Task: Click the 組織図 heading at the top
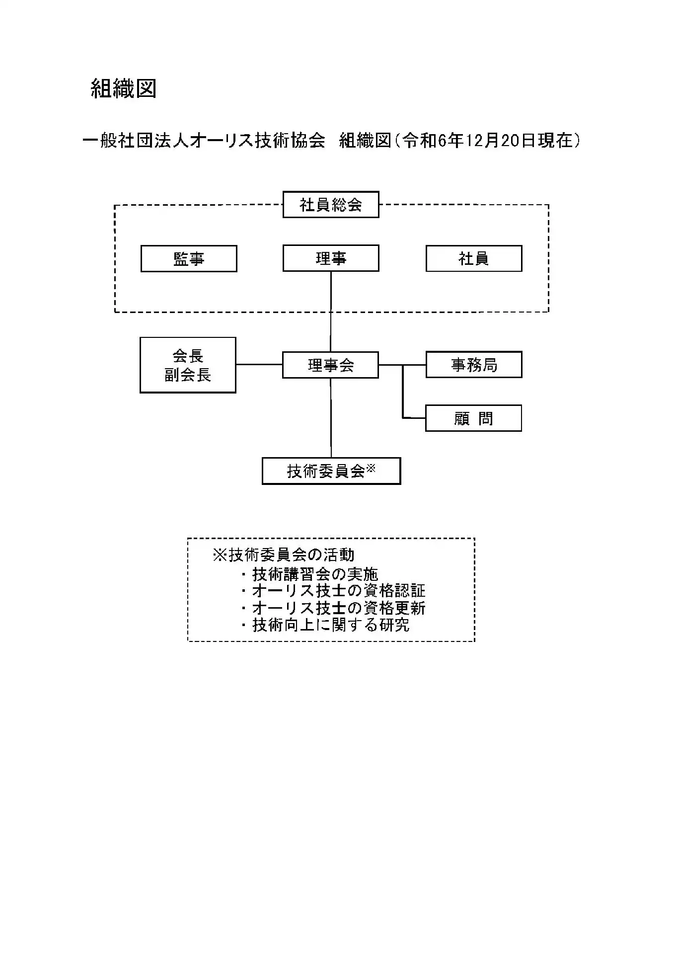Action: (124, 88)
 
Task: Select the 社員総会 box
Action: (331, 205)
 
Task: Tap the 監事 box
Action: (189, 258)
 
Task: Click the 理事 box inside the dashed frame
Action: (331, 258)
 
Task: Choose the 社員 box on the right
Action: (474, 258)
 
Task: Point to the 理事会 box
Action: (330, 365)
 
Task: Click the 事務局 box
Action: (474, 365)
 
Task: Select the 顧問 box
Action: (473, 418)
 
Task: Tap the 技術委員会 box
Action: (331, 471)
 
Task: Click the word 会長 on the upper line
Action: (188, 356)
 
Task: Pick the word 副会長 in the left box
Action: (188, 375)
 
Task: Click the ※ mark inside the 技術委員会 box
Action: (371, 468)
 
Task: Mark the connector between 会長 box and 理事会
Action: (259, 365)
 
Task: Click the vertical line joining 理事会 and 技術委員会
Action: (331, 418)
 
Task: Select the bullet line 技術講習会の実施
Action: (309, 574)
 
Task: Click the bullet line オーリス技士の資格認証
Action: (333, 591)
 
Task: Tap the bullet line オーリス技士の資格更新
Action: (333, 608)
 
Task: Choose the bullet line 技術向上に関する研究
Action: (325, 625)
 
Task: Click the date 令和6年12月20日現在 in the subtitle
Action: (487, 141)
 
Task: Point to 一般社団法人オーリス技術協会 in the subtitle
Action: (204, 141)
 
